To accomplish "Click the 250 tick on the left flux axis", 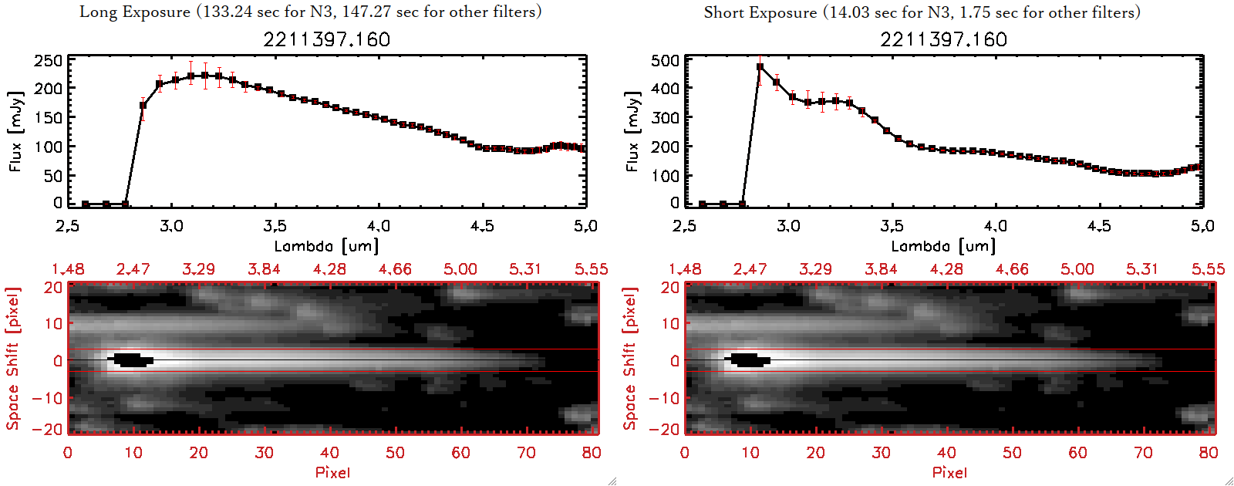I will (48, 60).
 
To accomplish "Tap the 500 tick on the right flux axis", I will (665, 60).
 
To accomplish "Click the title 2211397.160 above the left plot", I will (326, 39).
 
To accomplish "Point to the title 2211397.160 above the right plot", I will (943, 39).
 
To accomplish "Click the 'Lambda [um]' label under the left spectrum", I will (326, 246).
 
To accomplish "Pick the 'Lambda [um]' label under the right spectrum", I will (943, 246).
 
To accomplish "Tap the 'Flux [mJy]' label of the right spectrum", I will (632, 131).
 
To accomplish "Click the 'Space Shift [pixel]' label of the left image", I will (12, 359).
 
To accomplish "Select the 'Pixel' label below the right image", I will (949, 472).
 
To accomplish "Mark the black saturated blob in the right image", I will (748, 359).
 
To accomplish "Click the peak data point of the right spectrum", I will (760, 67).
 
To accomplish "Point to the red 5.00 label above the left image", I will (460, 269).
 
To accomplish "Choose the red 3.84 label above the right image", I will (881, 269).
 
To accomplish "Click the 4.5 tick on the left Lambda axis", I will (482, 226).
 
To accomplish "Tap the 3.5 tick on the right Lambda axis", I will (892, 226).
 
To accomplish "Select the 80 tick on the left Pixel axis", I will (592, 453).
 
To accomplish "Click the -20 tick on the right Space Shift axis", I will (668, 429).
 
